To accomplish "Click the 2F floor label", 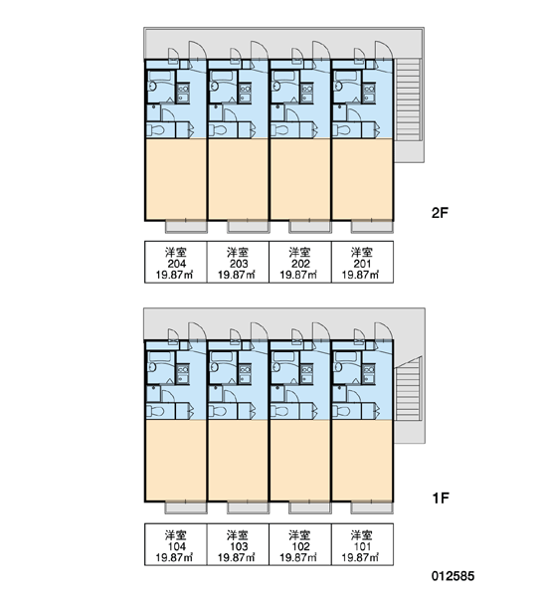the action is click(440, 213).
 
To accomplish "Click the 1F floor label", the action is click(440, 497).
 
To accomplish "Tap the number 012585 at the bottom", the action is click(453, 576).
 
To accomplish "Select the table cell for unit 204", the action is click(175, 262).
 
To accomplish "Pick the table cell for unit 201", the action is click(362, 262).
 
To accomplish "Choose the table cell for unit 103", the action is click(238, 544).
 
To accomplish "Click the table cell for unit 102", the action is click(300, 544).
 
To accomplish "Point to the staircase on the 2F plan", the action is click(408, 99).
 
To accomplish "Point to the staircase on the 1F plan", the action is click(408, 388).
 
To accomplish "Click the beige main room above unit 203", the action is click(238, 179).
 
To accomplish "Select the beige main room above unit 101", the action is click(362, 461).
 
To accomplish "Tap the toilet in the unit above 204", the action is click(155, 130).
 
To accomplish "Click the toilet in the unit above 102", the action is click(279, 412).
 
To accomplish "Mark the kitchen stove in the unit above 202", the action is click(306, 93).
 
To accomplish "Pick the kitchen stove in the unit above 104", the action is click(183, 374).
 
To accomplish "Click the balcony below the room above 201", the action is click(372, 227).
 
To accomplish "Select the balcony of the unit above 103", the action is click(248, 507).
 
